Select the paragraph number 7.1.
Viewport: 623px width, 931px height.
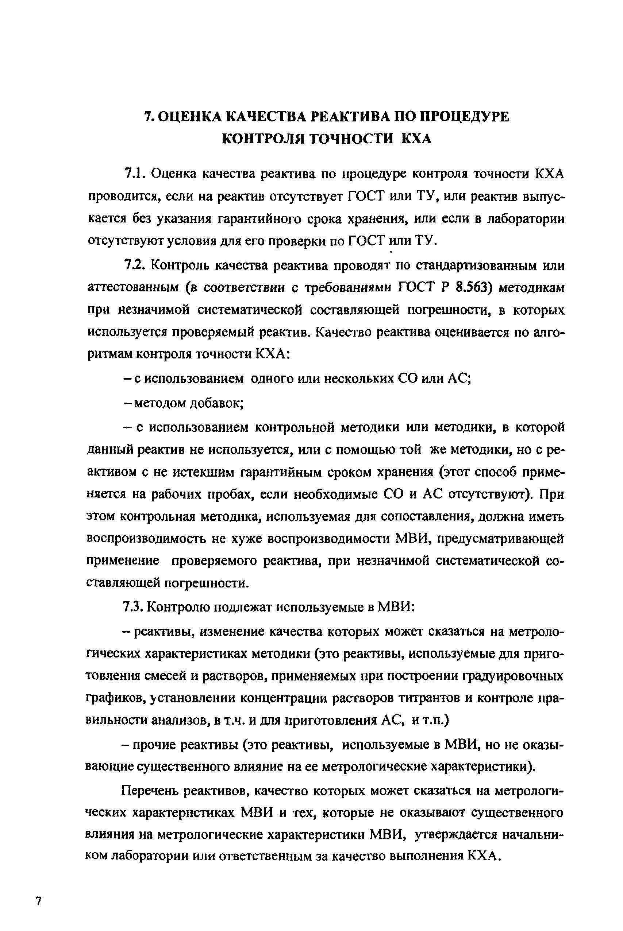click(135, 174)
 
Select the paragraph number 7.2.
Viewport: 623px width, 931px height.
click(135, 265)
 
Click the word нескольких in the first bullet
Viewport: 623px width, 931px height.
click(359, 379)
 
